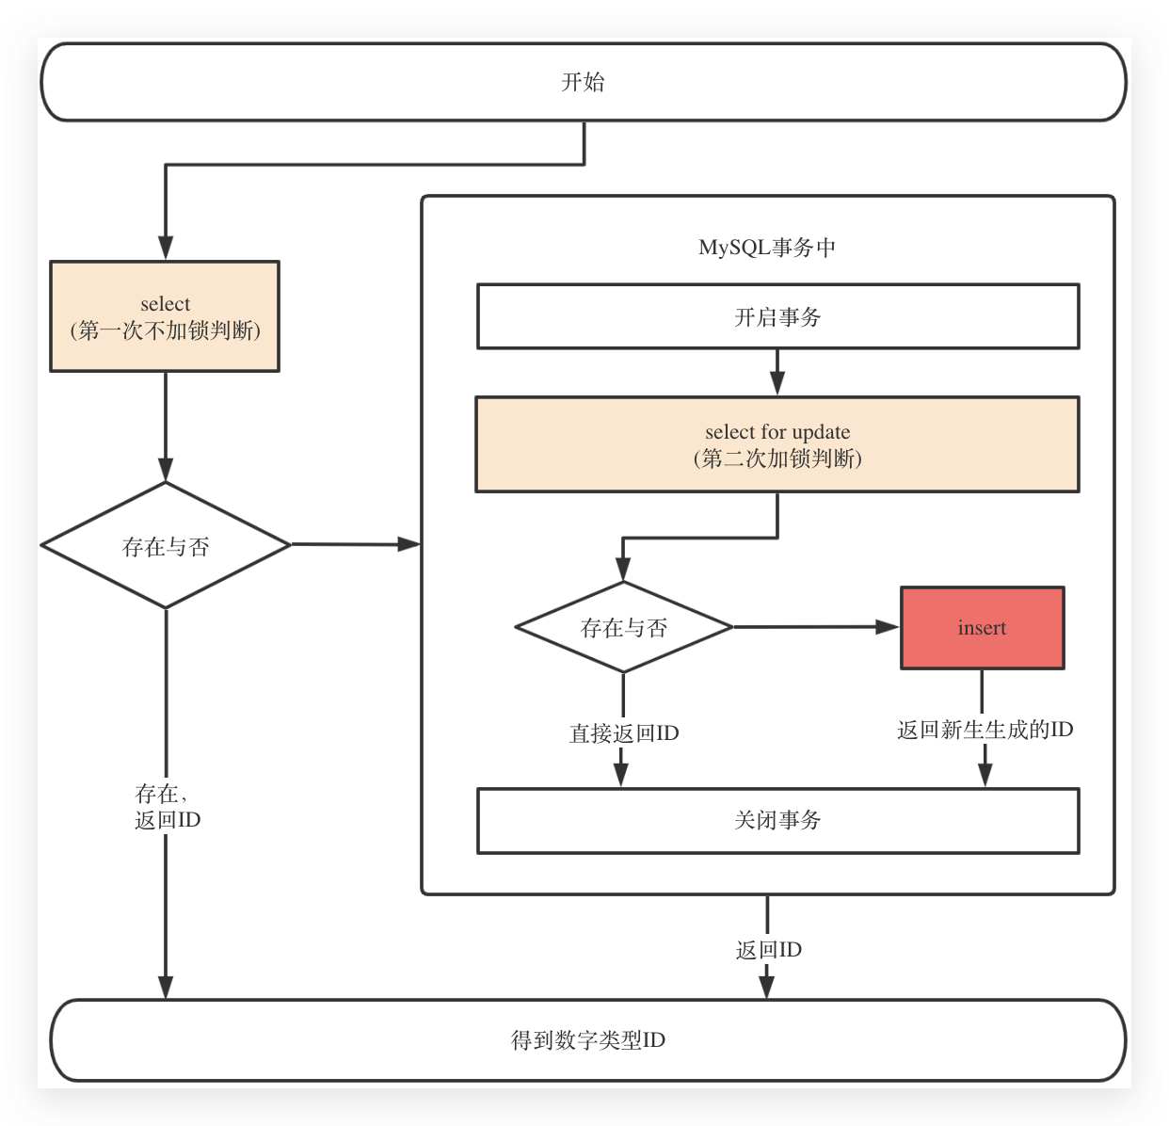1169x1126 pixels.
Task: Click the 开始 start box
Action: click(x=584, y=82)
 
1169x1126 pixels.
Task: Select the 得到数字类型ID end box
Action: click(x=587, y=1040)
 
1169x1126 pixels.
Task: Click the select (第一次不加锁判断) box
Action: click(x=165, y=316)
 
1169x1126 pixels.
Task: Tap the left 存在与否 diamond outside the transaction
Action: click(x=166, y=546)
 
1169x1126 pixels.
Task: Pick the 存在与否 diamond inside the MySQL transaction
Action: click(x=623, y=627)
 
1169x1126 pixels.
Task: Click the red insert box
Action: click(x=982, y=628)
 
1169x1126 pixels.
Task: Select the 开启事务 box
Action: click(x=777, y=317)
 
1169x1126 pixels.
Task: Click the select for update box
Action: click(x=777, y=444)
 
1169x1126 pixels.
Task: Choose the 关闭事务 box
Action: click(x=777, y=820)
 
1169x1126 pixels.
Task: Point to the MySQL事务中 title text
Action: click(x=767, y=248)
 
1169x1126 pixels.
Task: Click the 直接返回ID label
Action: click(x=623, y=733)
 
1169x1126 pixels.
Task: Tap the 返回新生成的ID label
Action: click(x=985, y=730)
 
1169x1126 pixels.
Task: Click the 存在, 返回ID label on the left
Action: click(x=167, y=807)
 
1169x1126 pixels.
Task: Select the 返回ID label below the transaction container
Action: click(x=768, y=950)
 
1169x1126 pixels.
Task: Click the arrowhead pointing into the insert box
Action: click(x=888, y=627)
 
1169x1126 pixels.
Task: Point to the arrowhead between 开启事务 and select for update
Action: click(x=777, y=382)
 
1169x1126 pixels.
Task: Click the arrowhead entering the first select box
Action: click(x=166, y=248)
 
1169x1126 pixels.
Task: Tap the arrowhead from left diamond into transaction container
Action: click(x=408, y=544)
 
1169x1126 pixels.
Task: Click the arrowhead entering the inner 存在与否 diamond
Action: click(x=623, y=569)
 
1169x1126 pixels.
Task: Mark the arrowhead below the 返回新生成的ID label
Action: click(x=985, y=774)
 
